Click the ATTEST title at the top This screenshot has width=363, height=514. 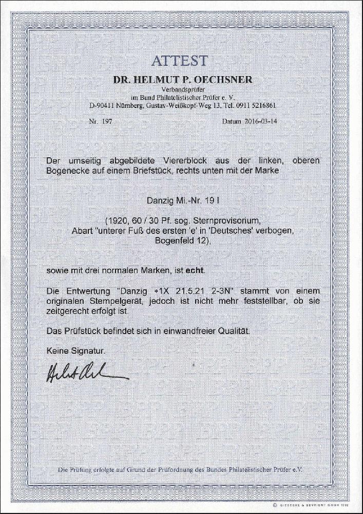pos(179,61)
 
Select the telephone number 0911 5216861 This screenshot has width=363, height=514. pos(257,105)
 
